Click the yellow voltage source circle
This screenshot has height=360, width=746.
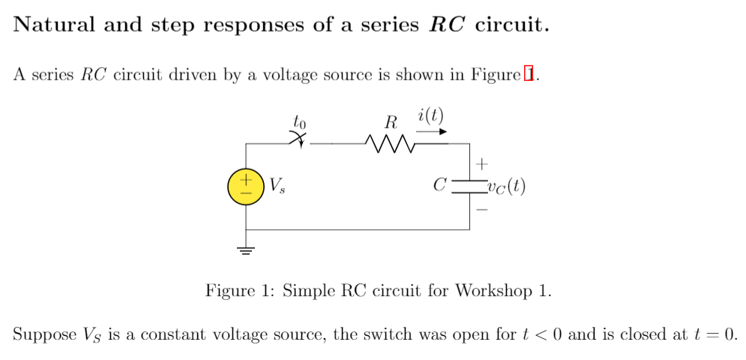click(246, 187)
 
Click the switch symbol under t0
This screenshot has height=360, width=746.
click(299, 139)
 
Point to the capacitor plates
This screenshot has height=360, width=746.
click(469, 186)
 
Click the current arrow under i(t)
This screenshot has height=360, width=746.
click(432, 131)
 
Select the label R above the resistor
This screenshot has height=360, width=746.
click(390, 121)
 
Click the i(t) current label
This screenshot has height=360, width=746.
click(431, 115)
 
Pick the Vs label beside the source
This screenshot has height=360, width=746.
click(277, 185)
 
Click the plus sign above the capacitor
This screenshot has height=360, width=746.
click(482, 162)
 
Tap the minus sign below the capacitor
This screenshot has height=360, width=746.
click(482, 211)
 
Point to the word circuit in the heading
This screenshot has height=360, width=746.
click(512, 25)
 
